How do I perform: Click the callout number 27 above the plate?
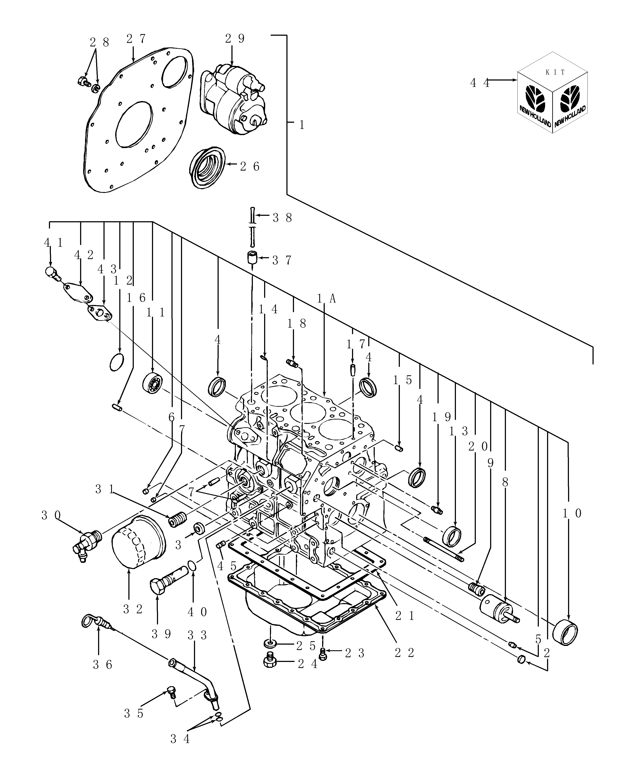pos(136,39)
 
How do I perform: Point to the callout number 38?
pos(282,218)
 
